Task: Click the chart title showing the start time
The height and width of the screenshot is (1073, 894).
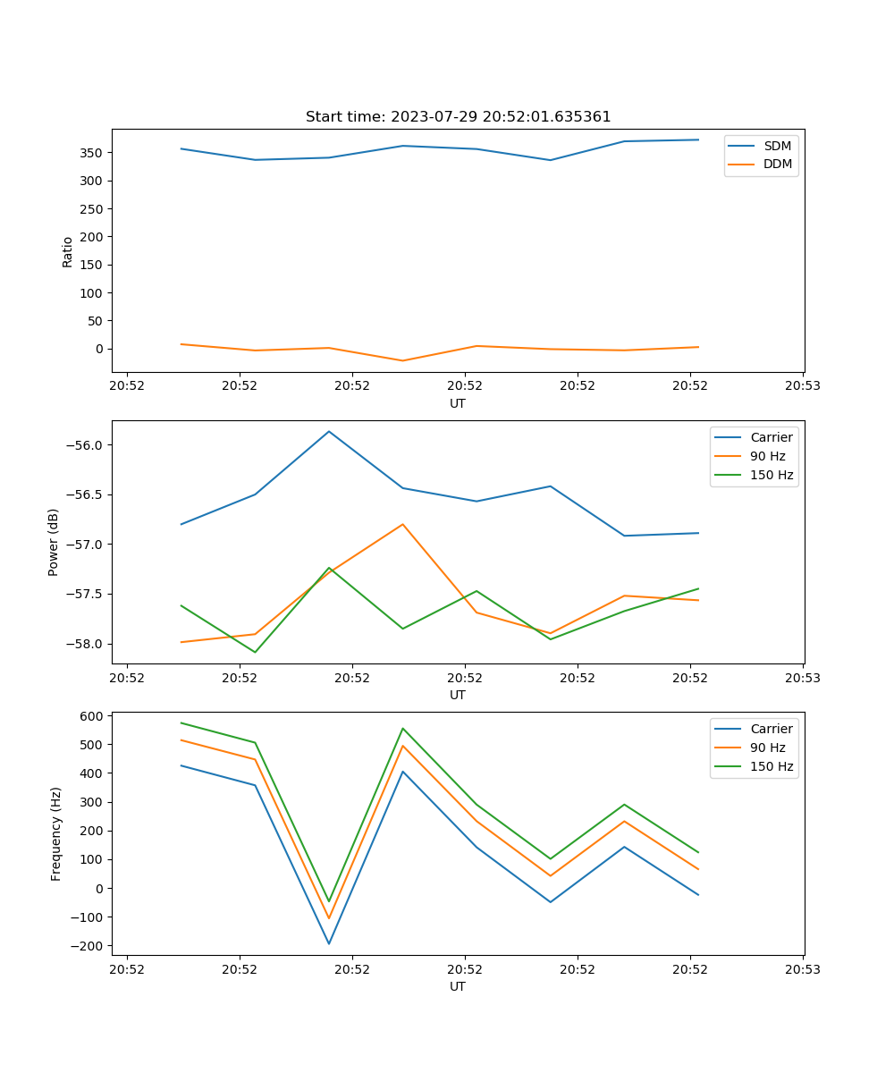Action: coord(458,117)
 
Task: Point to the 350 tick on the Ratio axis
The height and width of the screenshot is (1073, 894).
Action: coord(92,153)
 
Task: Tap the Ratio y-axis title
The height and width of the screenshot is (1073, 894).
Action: coord(68,251)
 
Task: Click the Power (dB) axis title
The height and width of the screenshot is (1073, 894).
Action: coord(54,542)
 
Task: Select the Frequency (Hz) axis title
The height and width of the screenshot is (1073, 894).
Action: coord(55,833)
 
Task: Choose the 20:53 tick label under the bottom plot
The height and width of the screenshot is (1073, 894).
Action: coord(803,968)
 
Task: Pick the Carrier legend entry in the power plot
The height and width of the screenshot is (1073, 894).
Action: coord(771,437)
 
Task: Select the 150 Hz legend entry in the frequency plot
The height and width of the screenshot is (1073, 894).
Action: coord(772,766)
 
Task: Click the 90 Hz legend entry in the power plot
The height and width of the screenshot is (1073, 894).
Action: coord(767,456)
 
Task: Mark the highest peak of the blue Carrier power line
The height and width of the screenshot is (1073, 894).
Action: coord(329,431)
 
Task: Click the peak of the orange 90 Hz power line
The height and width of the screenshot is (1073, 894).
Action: coord(402,524)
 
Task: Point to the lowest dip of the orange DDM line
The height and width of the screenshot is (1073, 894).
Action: coord(402,360)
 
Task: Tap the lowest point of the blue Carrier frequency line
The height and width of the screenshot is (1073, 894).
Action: coord(329,943)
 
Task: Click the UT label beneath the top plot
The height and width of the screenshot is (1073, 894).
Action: coord(458,403)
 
